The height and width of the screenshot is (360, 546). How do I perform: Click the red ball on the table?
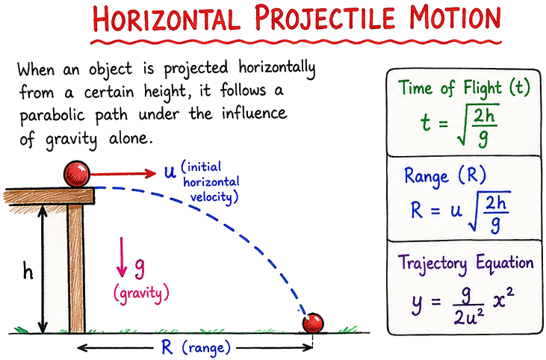click(77, 174)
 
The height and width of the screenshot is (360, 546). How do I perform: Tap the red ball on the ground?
click(313, 323)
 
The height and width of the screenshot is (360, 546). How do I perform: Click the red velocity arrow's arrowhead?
click(150, 173)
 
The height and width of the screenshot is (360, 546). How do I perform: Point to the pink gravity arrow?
click(122, 257)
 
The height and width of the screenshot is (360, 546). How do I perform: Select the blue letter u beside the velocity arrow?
click(170, 172)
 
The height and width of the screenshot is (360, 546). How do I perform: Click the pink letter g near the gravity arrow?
click(139, 270)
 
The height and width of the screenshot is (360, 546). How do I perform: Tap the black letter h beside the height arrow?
click(28, 270)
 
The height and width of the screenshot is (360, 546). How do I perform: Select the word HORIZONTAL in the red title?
click(167, 19)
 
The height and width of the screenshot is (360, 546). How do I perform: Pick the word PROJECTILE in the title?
click(324, 17)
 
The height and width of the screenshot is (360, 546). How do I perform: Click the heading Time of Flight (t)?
click(464, 88)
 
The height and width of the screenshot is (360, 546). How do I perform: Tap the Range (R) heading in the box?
click(445, 176)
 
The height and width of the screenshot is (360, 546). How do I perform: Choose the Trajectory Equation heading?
click(466, 263)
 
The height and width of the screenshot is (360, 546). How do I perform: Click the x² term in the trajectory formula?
click(503, 300)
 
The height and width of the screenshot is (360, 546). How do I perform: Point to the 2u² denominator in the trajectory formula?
click(469, 316)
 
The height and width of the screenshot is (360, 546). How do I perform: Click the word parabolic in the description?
click(52, 116)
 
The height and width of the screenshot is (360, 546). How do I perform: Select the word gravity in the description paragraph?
click(71, 140)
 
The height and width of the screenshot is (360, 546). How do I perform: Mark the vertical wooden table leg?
click(76, 268)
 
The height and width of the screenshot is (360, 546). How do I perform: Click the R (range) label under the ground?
click(196, 347)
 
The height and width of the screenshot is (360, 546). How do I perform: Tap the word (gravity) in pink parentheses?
click(141, 294)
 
